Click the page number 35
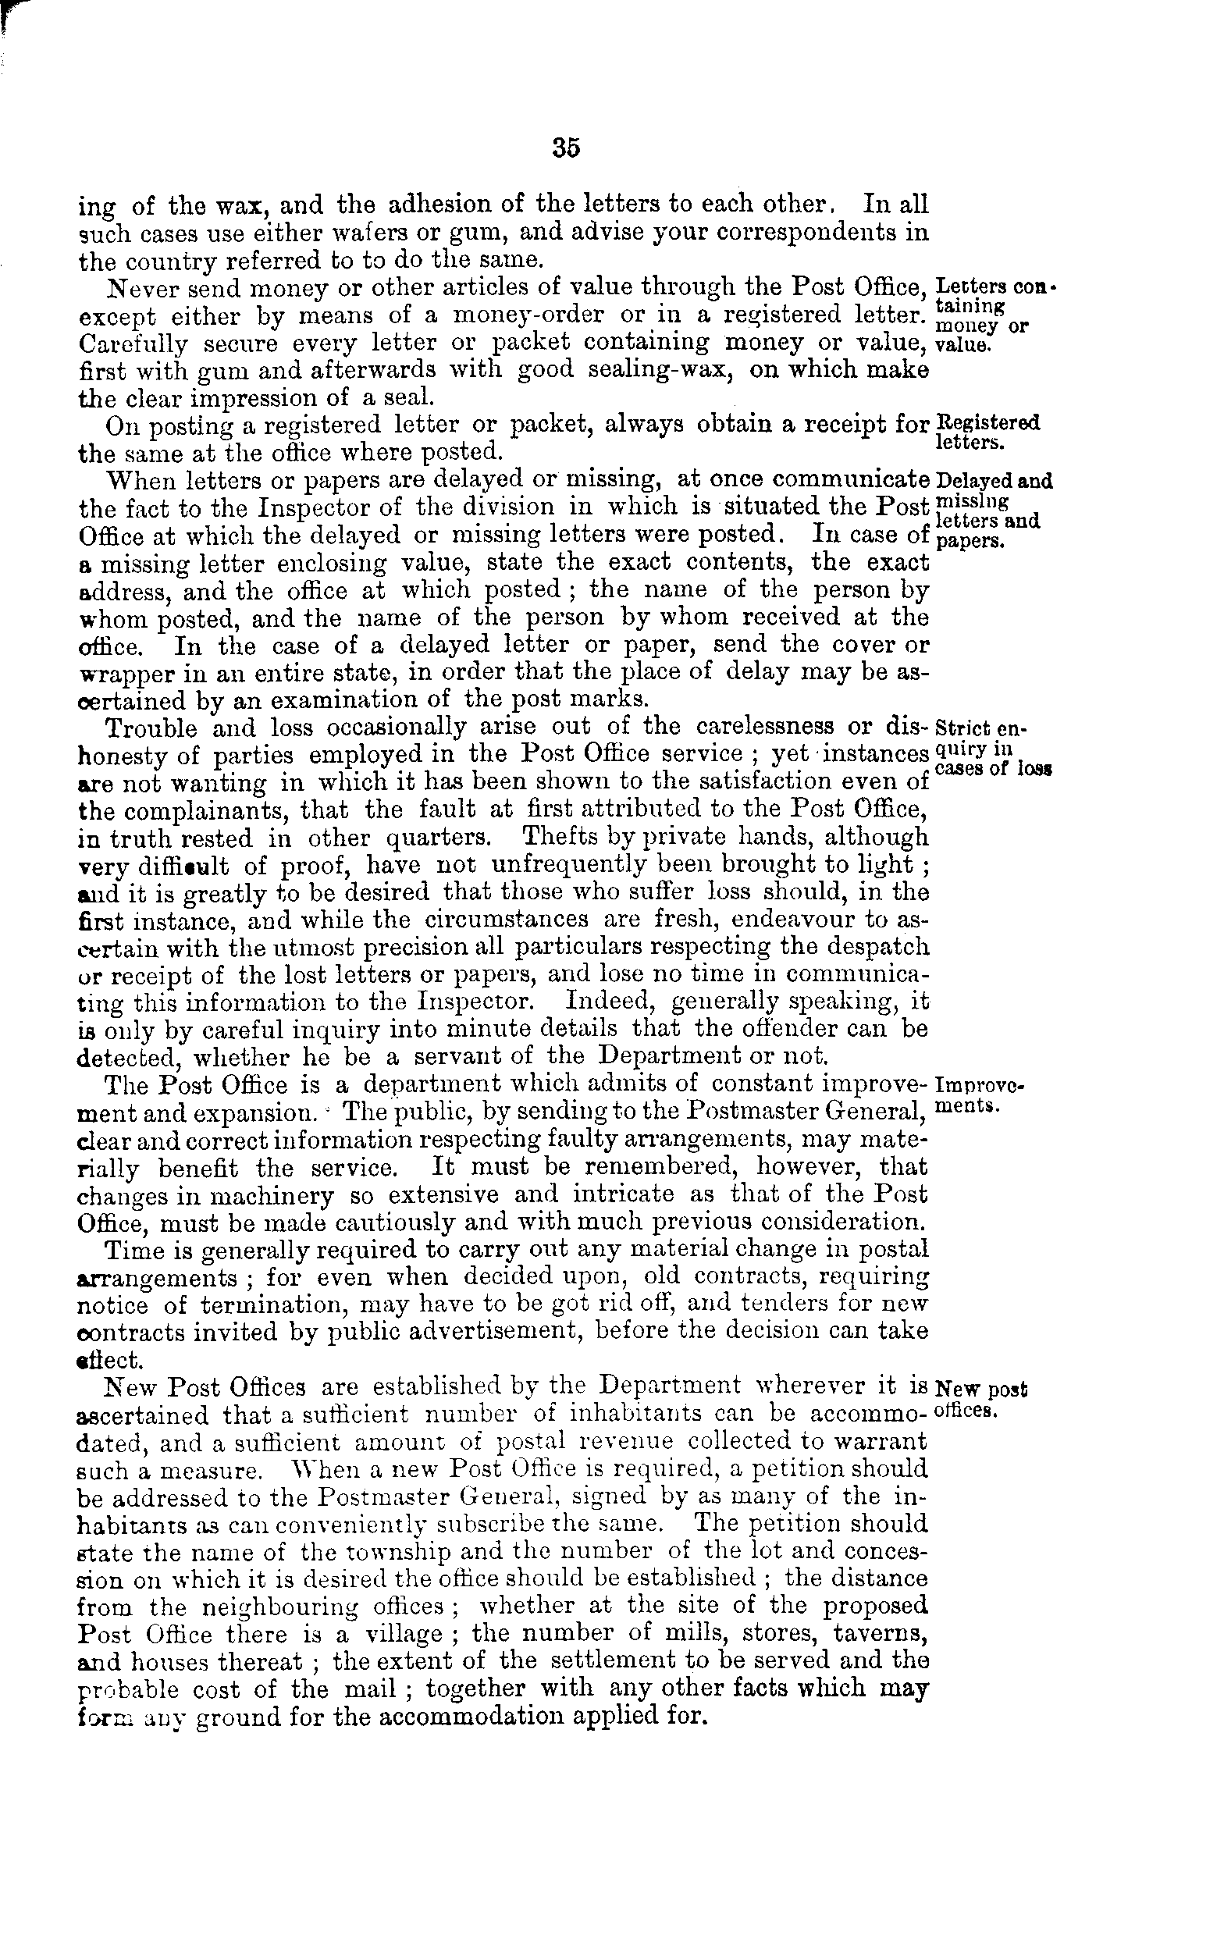pyautogui.click(x=566, y=149)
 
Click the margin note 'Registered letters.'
pyautogui.click(x=987, y=431)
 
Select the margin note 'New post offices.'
pyautogui.click(x=981, y=1399)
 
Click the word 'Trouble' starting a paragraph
pyautogui.click(x=152, y=728)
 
